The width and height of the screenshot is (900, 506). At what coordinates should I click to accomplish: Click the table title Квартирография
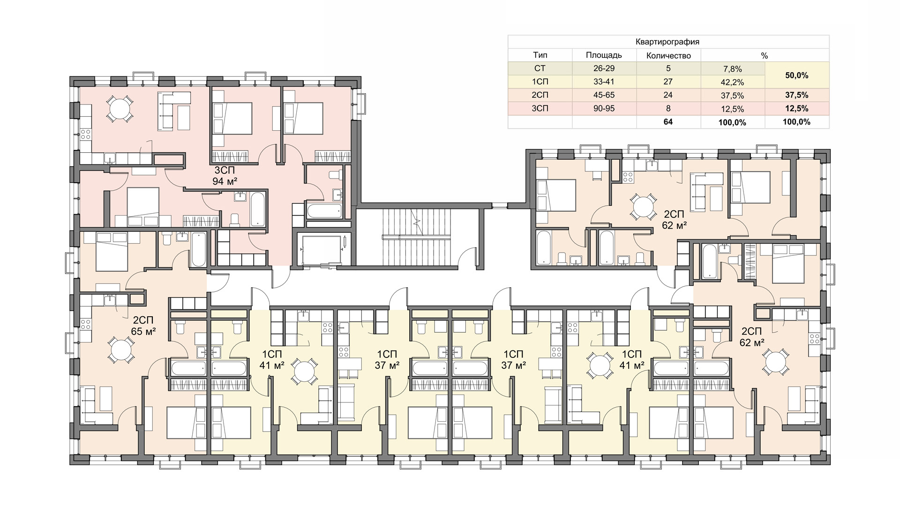click(x=667, y=42)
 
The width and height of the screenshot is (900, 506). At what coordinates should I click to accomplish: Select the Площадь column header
click(x=604, y=55)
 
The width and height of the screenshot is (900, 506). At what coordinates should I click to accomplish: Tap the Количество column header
click(x=668, y=55)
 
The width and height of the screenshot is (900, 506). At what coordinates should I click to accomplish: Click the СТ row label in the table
click(x=540, y=68)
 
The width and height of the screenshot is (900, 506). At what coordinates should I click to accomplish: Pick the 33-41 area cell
click(x=604, y=82)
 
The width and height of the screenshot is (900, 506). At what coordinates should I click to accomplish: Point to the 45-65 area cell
click(x=604, y=95)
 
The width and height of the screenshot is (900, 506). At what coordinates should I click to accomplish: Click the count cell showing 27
click(x=668, y=82)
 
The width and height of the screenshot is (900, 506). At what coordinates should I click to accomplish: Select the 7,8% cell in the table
click(x=732, y=69)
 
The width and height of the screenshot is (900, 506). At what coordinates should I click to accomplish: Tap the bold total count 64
click(x=668, y=122)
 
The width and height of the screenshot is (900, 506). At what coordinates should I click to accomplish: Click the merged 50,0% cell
click(x=797, y=75)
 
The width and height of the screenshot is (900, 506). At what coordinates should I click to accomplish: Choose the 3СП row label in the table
click(x=540, y=109)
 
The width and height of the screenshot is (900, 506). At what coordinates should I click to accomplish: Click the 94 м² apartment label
click(x=225, y=181)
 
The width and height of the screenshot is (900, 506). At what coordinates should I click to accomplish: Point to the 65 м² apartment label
click(x=143, y=332)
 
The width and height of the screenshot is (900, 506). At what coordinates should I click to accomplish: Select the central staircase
click(x=417, y=236)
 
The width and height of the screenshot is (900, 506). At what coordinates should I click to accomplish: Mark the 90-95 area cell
click(x=604, y=109)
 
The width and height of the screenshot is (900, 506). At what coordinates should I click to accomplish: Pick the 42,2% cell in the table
click(x=732, y=82)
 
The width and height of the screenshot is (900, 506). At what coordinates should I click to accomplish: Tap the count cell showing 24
click(x=668, y=95)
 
